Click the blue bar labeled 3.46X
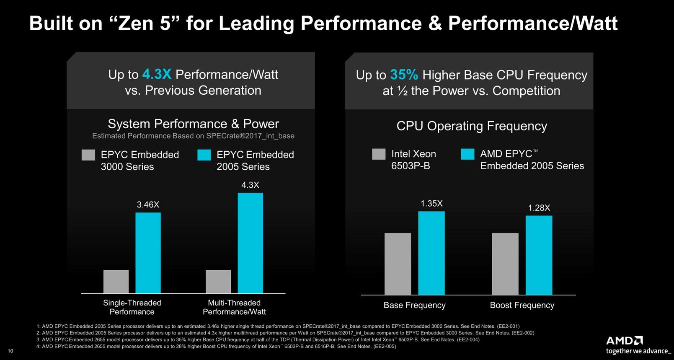148,253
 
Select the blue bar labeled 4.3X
250,243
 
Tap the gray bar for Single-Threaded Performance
116,282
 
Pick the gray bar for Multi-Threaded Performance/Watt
218,282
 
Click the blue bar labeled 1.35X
431,253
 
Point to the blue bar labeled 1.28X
539,255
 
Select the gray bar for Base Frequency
398,264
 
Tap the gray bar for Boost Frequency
505,264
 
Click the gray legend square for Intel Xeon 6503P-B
379,154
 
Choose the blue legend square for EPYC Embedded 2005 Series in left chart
204,155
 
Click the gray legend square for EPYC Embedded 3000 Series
88,155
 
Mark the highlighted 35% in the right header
404,75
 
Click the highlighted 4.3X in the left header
157,74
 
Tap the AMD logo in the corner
624,340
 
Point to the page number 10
10,351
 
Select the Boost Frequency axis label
522,305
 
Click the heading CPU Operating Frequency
472,126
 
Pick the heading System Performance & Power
193,124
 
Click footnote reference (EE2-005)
384,347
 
